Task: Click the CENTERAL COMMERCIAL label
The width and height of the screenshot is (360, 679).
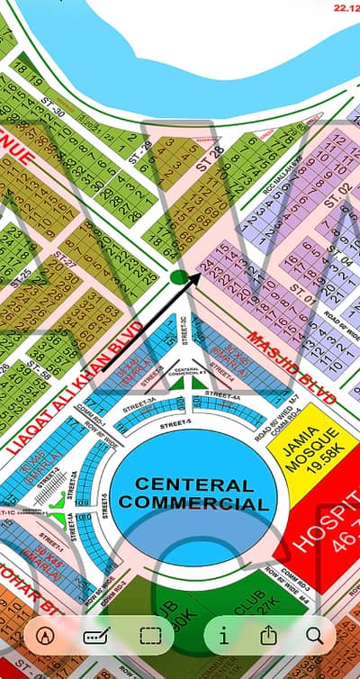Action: pyautogui.click(x=193, y=494)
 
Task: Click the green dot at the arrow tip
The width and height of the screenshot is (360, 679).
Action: pyautogui.click(x=178, y=276)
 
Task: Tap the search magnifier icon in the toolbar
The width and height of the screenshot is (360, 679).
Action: pyautogui.click(x=314, y=635)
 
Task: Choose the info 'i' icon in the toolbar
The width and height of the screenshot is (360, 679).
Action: pyautogui.click(x=223, y=635)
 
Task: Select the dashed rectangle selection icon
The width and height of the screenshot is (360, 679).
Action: pyautogui.click(x=150, y=635)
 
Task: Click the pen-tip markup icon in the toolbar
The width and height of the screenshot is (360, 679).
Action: pyautogui.click(x=45, y=635)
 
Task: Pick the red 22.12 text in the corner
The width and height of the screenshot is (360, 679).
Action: pyautogui.click(x=346, y=6)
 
